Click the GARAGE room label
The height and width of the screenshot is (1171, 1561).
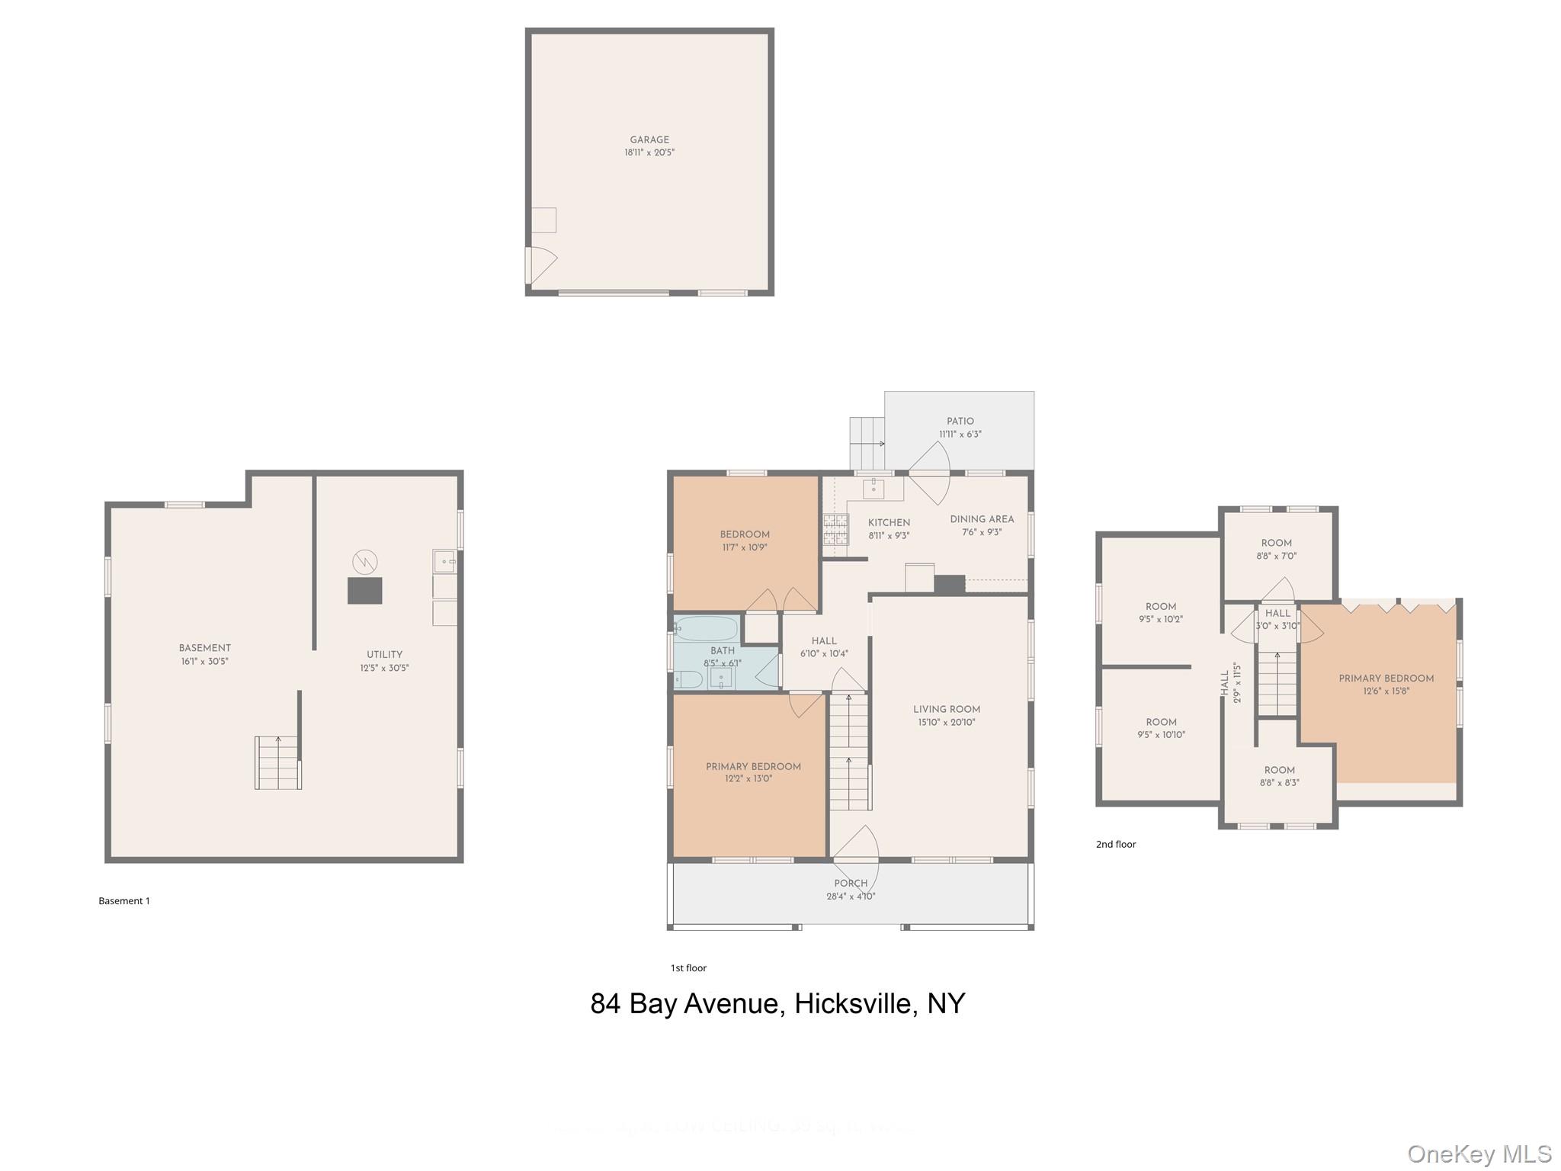click(x=649, y=140)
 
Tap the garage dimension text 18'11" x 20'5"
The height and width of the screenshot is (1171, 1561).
click(x=649, y=152)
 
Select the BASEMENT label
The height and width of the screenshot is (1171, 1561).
click(x=204, y=648)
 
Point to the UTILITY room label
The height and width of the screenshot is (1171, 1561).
click(x=384, y=654)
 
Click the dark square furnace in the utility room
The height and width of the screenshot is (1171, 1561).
click(x=364, y=591)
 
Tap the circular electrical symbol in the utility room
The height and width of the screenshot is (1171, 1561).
click(x=365, y=562)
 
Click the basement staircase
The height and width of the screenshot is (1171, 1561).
click(x=277, y=762)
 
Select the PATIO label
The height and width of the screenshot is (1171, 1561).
click(x=960, y=421)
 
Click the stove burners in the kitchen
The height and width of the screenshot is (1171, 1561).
click(x=835, y=528)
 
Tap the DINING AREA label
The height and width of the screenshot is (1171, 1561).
click(x=982, y=519)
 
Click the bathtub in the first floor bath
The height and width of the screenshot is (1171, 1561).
click(x=707, y=629)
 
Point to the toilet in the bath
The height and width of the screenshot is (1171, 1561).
click(x=688, y=679)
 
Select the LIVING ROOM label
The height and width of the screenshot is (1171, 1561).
click(x=947, y=709)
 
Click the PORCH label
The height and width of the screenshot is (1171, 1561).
click(x=851, y=883)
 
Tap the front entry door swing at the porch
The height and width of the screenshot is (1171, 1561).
click(x=857, y=845)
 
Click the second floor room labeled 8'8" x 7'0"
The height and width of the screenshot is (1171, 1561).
click(x=1277, y=549)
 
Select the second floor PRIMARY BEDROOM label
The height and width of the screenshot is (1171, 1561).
click(x=1386, y=679)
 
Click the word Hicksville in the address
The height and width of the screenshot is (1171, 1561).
click(x=853, y=1003)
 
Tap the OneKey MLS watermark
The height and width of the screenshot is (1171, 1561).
click(x=1479, y=1154)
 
